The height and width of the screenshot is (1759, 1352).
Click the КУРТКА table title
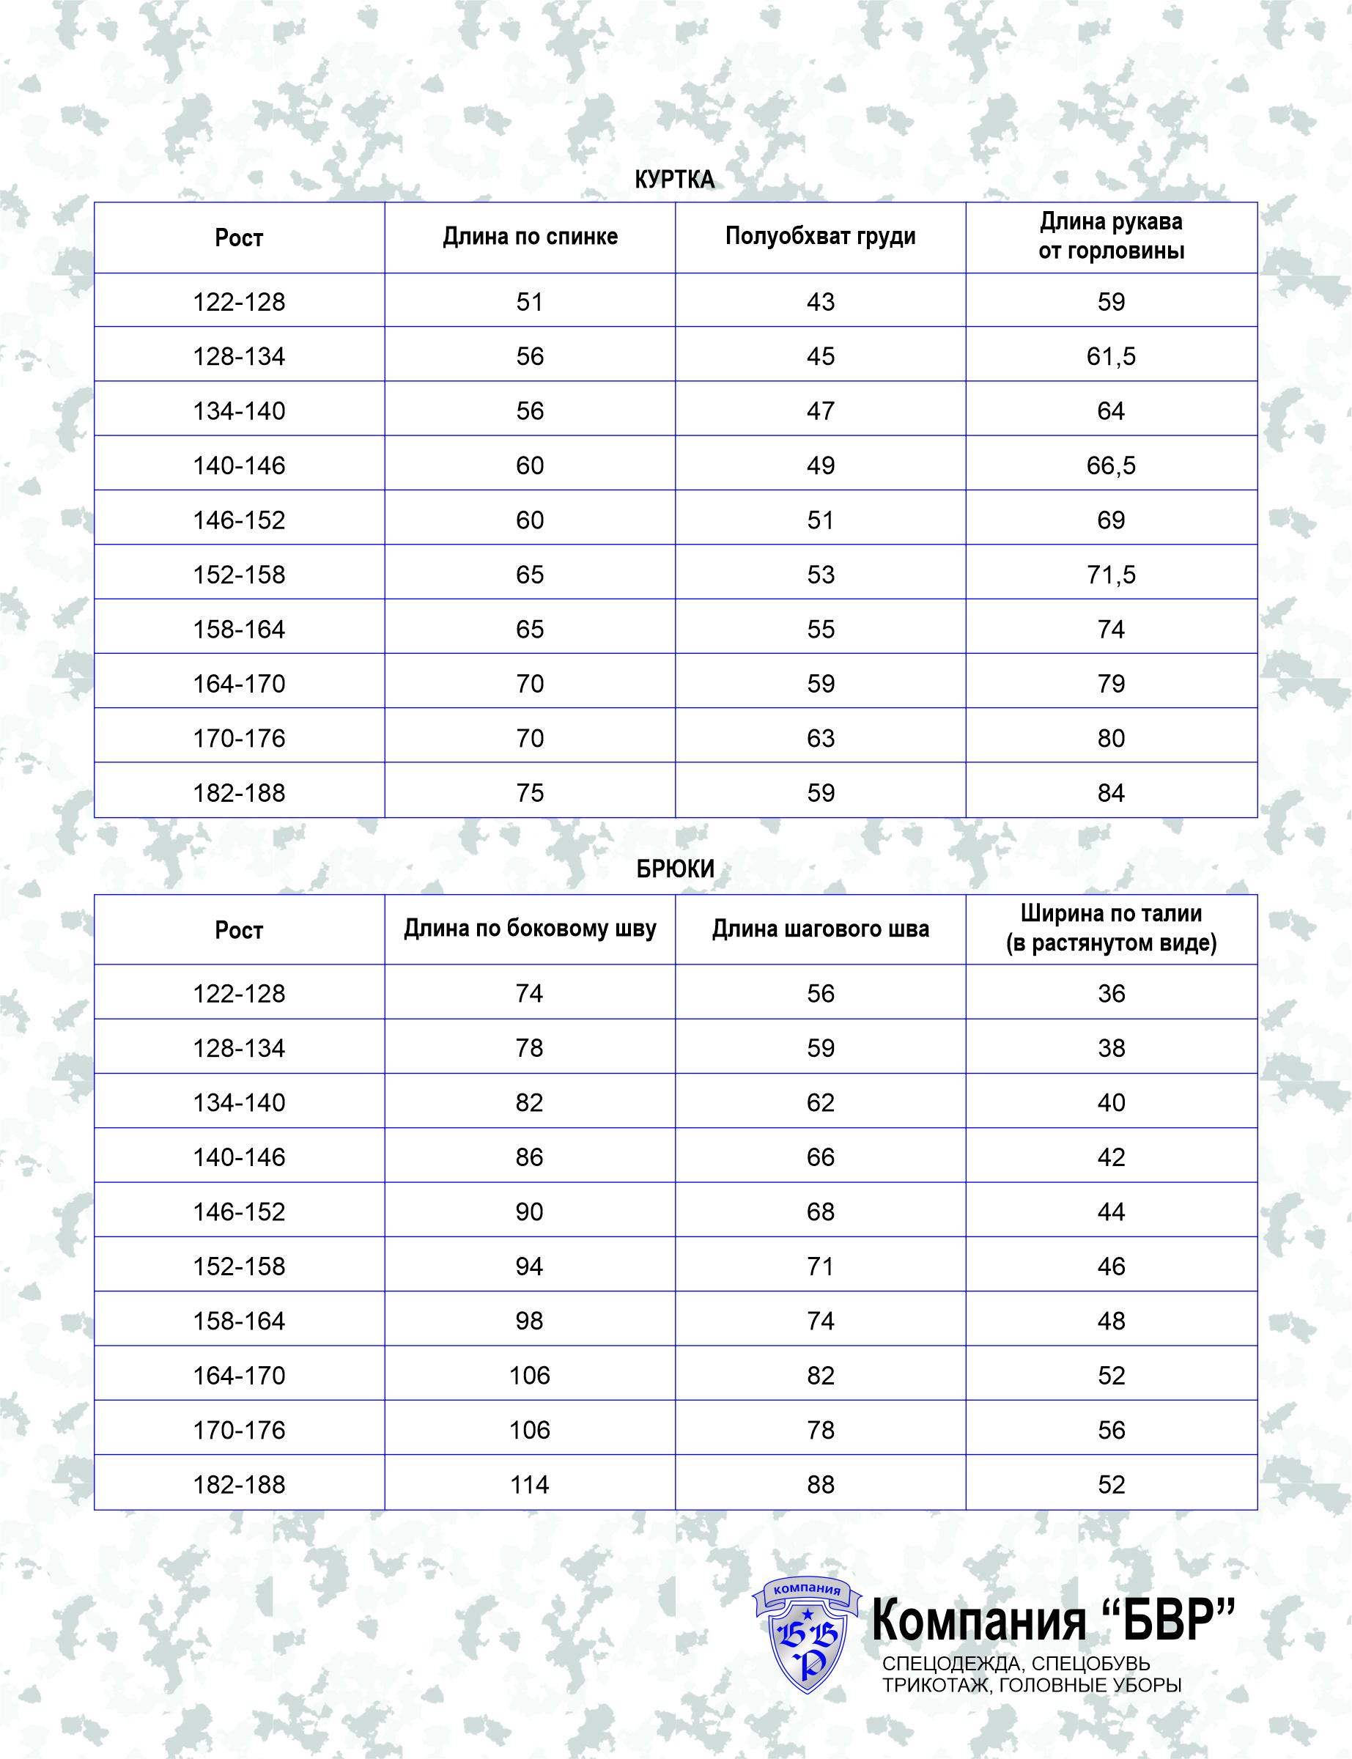(x=674, y=180)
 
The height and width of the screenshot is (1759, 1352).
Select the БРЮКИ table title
(x=674, y=869)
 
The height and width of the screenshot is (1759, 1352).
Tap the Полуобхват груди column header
(x=820, y=237)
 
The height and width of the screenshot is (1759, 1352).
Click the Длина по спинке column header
(x=530, y=237)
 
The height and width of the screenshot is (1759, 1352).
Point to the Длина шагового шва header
(x=820, y=929)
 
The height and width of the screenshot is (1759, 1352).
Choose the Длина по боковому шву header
(x=530, y=929)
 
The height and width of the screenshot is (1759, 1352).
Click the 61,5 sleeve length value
(x=1111, y=356)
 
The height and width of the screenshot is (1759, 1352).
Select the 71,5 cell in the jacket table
(x=1111, y=575)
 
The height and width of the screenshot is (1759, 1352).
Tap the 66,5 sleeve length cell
(x=1111, y=466)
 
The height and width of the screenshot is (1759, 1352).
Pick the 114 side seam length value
(x=530, y=1485)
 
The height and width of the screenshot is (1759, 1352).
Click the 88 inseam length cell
(x=820, y=1485)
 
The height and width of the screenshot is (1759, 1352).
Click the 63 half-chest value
(x=820, y=739)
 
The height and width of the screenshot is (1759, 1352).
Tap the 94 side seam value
(x=530, y=1266)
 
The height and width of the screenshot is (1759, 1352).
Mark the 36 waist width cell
(x=1111, y=994)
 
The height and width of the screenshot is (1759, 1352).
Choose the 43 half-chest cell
(x=820, y=303)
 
